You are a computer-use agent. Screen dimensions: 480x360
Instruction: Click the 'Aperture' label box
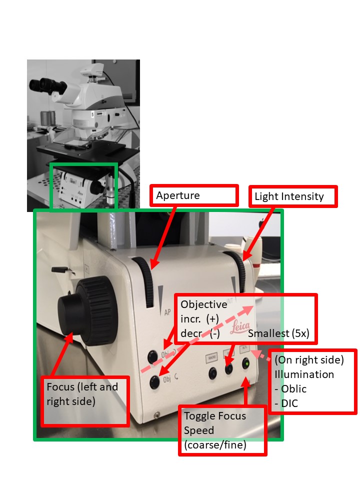pos(194,195)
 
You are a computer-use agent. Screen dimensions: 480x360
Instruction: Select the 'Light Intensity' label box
pos(293,196)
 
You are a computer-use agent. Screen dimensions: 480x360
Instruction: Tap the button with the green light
pos(245,364)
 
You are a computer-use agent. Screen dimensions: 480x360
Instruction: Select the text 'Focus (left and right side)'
pos(82,394)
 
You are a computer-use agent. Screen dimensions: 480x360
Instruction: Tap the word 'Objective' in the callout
pos(203,304)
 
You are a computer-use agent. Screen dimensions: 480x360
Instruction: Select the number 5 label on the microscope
pos(92,114)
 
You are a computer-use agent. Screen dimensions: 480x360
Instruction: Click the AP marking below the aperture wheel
pos(168,310)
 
